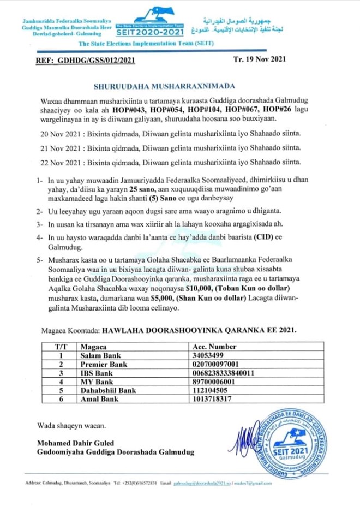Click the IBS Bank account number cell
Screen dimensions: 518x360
point(223,373)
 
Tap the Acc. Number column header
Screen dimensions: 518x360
point(215,346)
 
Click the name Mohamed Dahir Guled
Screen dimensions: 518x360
point(74,443)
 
